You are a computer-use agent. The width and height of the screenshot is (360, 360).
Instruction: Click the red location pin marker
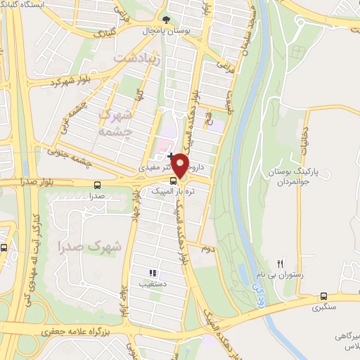180,166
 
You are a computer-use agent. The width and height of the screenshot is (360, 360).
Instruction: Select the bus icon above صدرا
96,185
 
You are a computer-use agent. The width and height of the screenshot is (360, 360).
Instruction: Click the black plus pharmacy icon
170,155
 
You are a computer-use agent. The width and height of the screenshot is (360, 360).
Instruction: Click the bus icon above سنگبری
323,296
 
